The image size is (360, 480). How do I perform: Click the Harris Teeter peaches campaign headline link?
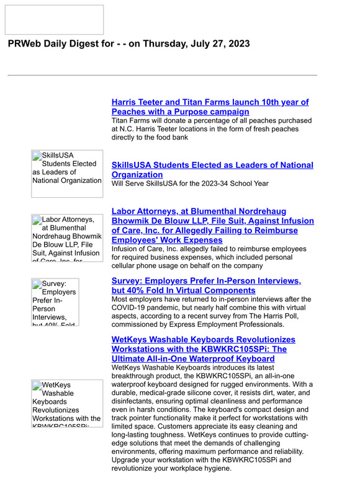pos(210,107)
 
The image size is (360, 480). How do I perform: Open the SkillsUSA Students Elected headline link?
pos(212,170)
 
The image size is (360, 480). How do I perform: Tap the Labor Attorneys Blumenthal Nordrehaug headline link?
pos(212,225)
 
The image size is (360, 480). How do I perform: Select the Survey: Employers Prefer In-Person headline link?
pos(206,286)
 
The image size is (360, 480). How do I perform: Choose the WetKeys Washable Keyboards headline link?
pos(203,349)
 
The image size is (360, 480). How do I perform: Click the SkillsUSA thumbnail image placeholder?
pos(67,173)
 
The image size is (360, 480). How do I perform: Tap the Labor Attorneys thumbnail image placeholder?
pos(67,238)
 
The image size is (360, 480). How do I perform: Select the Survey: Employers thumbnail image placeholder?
pos(55,302)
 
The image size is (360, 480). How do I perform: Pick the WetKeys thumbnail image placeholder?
pos(67,404)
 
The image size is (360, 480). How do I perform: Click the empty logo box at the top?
pos(54,20)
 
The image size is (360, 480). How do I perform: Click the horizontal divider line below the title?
pos(162,75)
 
